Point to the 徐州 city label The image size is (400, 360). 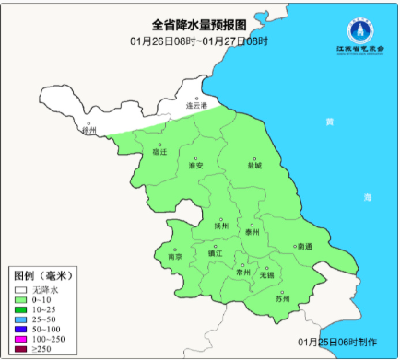tap(88, 131)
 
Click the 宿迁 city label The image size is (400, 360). tap(159, 151)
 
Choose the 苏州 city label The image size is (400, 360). tap(283, 298)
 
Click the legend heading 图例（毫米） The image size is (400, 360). tap(42, 276)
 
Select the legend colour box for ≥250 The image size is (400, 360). tap(20, 348)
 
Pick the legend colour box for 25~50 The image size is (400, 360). tap(20, 319)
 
